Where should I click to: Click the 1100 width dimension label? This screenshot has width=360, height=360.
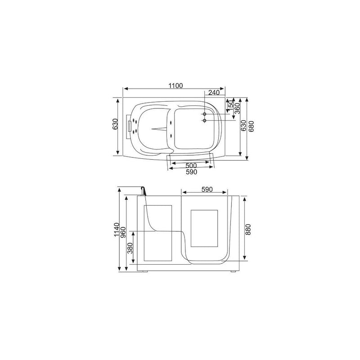[x=175, y=85]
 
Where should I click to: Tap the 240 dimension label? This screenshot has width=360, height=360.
[x=214, y=92]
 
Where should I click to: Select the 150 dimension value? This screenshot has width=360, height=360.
[x=231, y=104]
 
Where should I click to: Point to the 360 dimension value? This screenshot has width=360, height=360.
[x=237, y=108]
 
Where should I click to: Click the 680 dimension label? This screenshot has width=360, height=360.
[x=251, y=126]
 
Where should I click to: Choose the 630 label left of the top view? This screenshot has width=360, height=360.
[x=115, y=124]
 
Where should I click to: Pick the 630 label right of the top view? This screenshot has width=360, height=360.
[x=243, y=126]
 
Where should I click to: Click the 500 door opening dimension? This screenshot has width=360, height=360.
[x=191, y=165]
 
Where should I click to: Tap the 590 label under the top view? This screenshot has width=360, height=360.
[x=191, y=171]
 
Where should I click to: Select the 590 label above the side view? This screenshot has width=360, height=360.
[x=207, y=189]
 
